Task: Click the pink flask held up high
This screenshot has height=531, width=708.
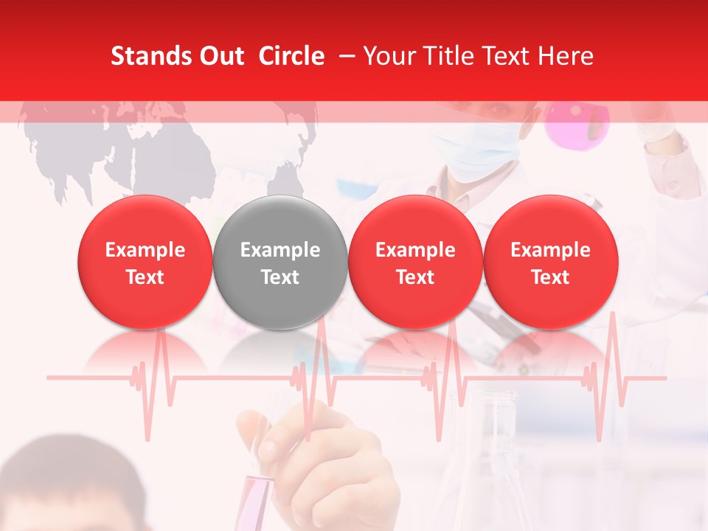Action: click(577, 122)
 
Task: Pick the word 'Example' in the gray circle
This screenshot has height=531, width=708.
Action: click(280, 250)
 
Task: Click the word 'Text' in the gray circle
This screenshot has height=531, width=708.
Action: click(280, 277)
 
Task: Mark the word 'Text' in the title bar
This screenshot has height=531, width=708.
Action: click(510, 56)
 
